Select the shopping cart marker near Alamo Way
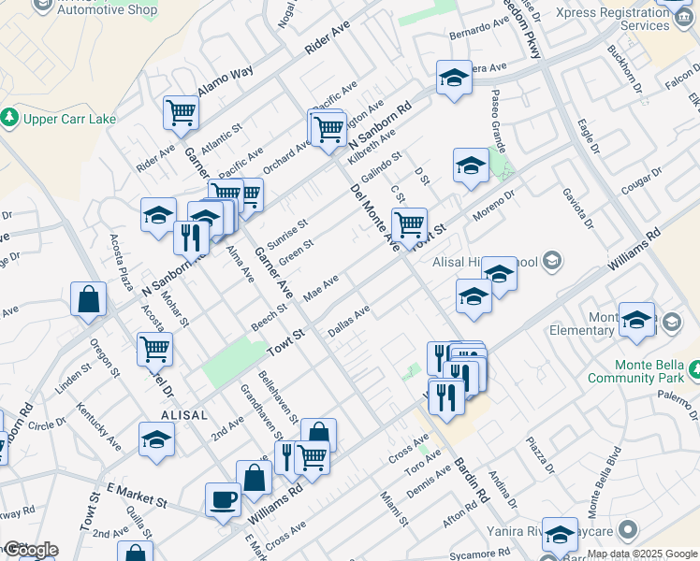[x=181, y=112]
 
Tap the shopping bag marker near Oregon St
[x=88, y=300]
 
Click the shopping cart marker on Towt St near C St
[x=409, y=224]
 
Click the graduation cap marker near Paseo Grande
[x=471, y=165]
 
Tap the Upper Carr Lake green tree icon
[x=9, y=118]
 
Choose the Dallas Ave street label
[x=349, y=321]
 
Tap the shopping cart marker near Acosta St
[x=155, y=349]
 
